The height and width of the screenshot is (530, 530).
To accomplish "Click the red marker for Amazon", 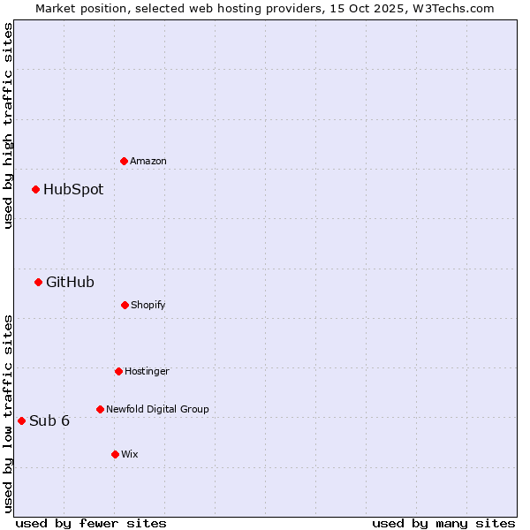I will pos(124,161).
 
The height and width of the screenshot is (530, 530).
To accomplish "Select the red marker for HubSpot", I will pos(35,189).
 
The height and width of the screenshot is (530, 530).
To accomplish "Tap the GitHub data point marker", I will pos(38,282).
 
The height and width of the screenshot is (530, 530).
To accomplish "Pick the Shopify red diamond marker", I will pos(125,305).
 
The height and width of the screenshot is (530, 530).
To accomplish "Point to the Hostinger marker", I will pos(118,371).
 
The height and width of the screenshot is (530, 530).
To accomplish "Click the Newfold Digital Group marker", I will pos(100,409).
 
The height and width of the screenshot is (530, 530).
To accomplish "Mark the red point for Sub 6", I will pos(21,420).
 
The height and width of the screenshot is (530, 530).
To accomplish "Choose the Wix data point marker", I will pos(115,454).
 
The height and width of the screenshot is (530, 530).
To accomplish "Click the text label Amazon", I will pos(148,161).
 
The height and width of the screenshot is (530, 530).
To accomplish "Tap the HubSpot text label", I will pos(73,189).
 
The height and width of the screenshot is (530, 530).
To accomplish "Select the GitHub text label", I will pos(70,282).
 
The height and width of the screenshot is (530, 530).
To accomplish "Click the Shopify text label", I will pos(148,305).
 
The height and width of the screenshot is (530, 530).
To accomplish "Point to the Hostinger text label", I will pos(147,371).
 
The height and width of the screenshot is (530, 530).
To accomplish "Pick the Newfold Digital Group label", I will pos(157,409).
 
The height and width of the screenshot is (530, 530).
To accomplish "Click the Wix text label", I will pos(130,454).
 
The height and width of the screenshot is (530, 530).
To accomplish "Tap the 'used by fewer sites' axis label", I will pos(91,523).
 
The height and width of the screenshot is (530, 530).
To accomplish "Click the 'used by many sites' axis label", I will pos(443,523).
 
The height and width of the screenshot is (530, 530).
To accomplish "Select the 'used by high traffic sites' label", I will pos(8,125).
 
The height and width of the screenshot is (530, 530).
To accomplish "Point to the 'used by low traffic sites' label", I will pos(8,413).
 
